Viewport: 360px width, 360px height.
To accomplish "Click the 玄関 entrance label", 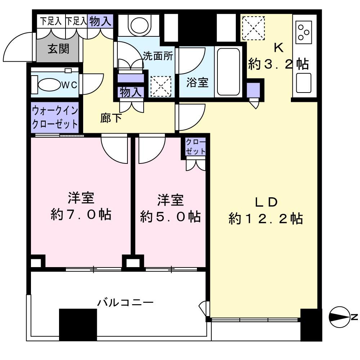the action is click(x=58, y=49).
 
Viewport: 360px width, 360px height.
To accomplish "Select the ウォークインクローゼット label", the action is click(x=55, y=117).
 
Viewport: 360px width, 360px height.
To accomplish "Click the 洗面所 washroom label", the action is click(x=158, y=56).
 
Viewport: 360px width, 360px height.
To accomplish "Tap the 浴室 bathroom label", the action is click(x=197, y=82).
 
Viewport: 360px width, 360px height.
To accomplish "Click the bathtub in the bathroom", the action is click(x=229, y=71).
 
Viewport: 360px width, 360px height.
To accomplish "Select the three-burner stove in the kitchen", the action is click(x=304, y=32).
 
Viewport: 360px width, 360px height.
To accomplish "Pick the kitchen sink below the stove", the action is click(x=304, y=83).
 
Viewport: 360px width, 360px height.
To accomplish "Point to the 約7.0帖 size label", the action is click(x=81, y=215).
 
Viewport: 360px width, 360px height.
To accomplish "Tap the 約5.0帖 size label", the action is click(x=170, y=216).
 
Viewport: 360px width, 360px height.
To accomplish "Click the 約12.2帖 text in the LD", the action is click(x=266, y=219).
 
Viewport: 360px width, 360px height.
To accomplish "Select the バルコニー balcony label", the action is click(x=125, y=303).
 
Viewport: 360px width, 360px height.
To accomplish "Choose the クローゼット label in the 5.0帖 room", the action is click(x=195, y=147).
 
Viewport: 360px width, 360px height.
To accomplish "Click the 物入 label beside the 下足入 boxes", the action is click(x=100, y=21).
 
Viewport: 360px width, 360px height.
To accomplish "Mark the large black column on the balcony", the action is click(x=78, y=325).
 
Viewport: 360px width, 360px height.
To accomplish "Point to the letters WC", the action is click(x=69, y=85).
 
